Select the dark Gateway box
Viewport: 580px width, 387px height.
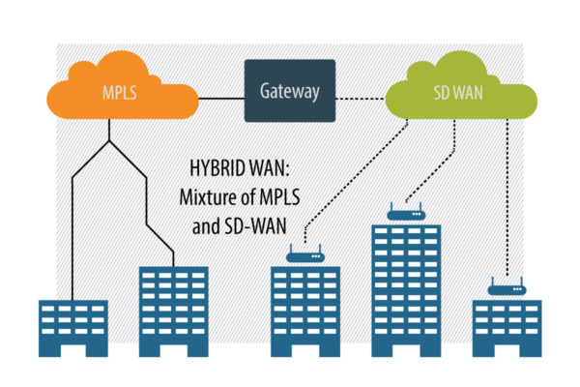[x=290, y=91]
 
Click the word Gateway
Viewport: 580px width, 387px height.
[x=290, y=92]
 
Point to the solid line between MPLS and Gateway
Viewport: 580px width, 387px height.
[x=221, y=99]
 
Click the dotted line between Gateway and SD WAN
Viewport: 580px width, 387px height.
[x=361, y=99]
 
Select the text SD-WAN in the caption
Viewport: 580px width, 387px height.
[x=255, y=225]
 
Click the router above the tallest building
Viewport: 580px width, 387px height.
[x=406, y=214]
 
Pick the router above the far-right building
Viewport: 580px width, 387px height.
[x=507, y=288]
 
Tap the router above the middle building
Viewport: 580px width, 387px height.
[x=305, y=255]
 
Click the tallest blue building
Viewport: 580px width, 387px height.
[x=406, y=290]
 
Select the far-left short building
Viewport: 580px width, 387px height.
[x=73, y=328]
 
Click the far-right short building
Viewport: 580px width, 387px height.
[x=507, y=328]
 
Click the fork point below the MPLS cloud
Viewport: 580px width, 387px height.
[x=109, y=140]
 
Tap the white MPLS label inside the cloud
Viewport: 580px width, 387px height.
[x=120, y=93]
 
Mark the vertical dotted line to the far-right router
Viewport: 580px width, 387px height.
[x=507, y=197]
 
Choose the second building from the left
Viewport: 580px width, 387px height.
[x=173, y=312]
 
